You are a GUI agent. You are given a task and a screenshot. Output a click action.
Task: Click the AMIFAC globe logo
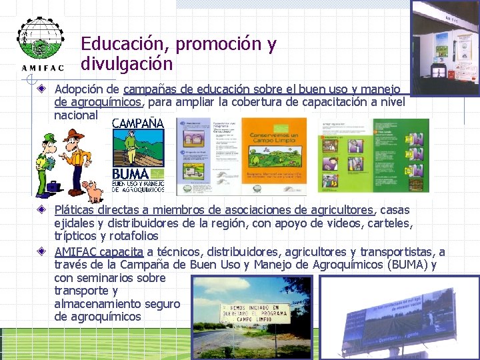tap(39, 41)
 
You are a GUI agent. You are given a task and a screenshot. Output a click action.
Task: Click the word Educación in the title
tap(122, 44)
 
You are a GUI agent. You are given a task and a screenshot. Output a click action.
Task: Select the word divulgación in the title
tap(127, 64)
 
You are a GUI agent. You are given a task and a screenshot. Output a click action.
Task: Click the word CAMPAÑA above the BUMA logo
tap(137, 123)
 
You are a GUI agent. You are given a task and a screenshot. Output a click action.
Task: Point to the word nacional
tap(75, 115)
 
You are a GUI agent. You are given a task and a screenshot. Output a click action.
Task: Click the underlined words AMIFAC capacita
tap(99, 252)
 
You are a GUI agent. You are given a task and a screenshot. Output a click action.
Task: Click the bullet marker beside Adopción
tap(41, 89)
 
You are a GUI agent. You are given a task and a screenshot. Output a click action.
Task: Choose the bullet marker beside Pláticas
tap(41, 210)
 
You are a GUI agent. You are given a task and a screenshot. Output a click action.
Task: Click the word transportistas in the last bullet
tap(395, 252)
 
